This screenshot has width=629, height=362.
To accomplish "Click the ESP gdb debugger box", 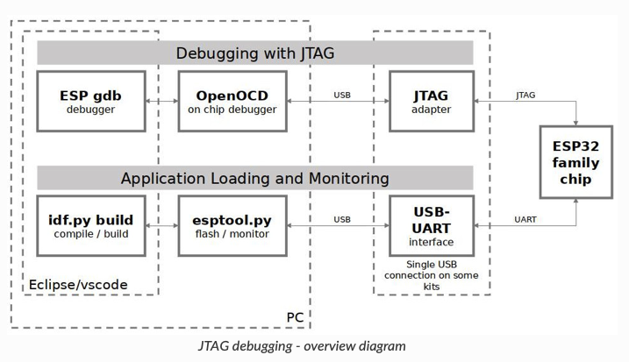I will pos(91,101).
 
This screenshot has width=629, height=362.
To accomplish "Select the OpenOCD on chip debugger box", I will pos(232,101).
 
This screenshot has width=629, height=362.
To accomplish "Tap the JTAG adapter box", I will pos(431,101).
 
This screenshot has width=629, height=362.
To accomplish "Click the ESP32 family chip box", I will pos(575,162).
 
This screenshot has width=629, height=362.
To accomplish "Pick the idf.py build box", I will pos(91,225).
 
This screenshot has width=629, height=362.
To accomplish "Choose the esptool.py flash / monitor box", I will pos(232,225).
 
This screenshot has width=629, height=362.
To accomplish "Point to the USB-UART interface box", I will pos(431,225).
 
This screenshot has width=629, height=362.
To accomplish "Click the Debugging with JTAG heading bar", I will pos(254,53).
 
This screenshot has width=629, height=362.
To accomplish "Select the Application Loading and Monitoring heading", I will pos(254,178).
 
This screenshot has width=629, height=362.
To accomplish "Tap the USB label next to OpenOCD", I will pos(343,94).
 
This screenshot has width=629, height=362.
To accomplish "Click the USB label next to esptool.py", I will pos(343,218).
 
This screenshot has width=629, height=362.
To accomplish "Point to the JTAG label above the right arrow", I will pos(525,94).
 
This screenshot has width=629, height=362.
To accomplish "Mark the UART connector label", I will pos(525,218).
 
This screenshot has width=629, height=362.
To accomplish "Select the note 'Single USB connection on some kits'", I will pos(431,275).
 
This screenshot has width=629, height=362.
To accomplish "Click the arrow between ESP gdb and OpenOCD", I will pos(161,102).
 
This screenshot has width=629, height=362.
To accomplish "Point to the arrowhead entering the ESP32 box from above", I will pos(575,122).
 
